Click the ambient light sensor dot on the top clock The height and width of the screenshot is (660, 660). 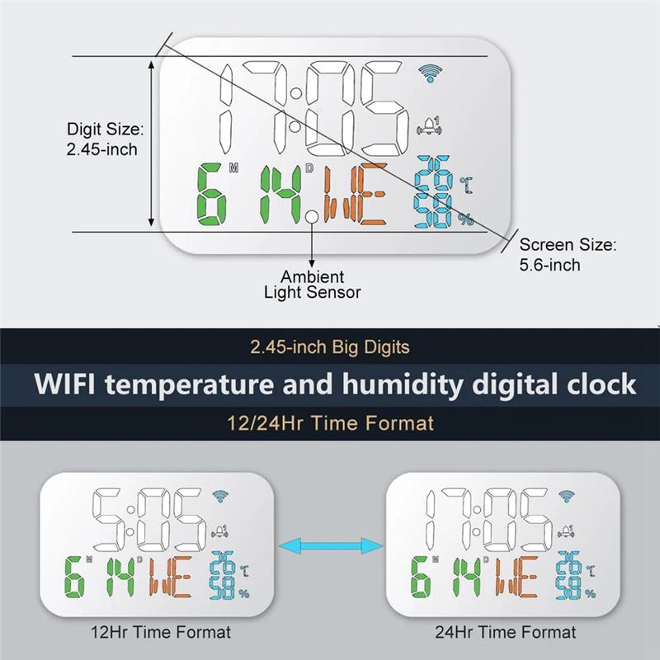[312, 217]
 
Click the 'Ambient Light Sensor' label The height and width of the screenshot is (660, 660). [312, 284]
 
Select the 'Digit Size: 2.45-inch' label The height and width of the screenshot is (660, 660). [105, 139]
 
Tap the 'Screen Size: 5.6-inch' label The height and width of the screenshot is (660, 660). [568, 255]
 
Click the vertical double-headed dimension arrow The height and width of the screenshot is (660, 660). [151, 142]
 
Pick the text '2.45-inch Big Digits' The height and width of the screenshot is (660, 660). [329, 347]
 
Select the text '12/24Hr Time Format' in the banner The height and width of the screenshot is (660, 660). [329, 423]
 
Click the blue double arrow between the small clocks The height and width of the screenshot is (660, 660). [329, 544]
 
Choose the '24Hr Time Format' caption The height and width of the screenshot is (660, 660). [506, 633]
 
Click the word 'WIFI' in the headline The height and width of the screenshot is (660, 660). [69, 384]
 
